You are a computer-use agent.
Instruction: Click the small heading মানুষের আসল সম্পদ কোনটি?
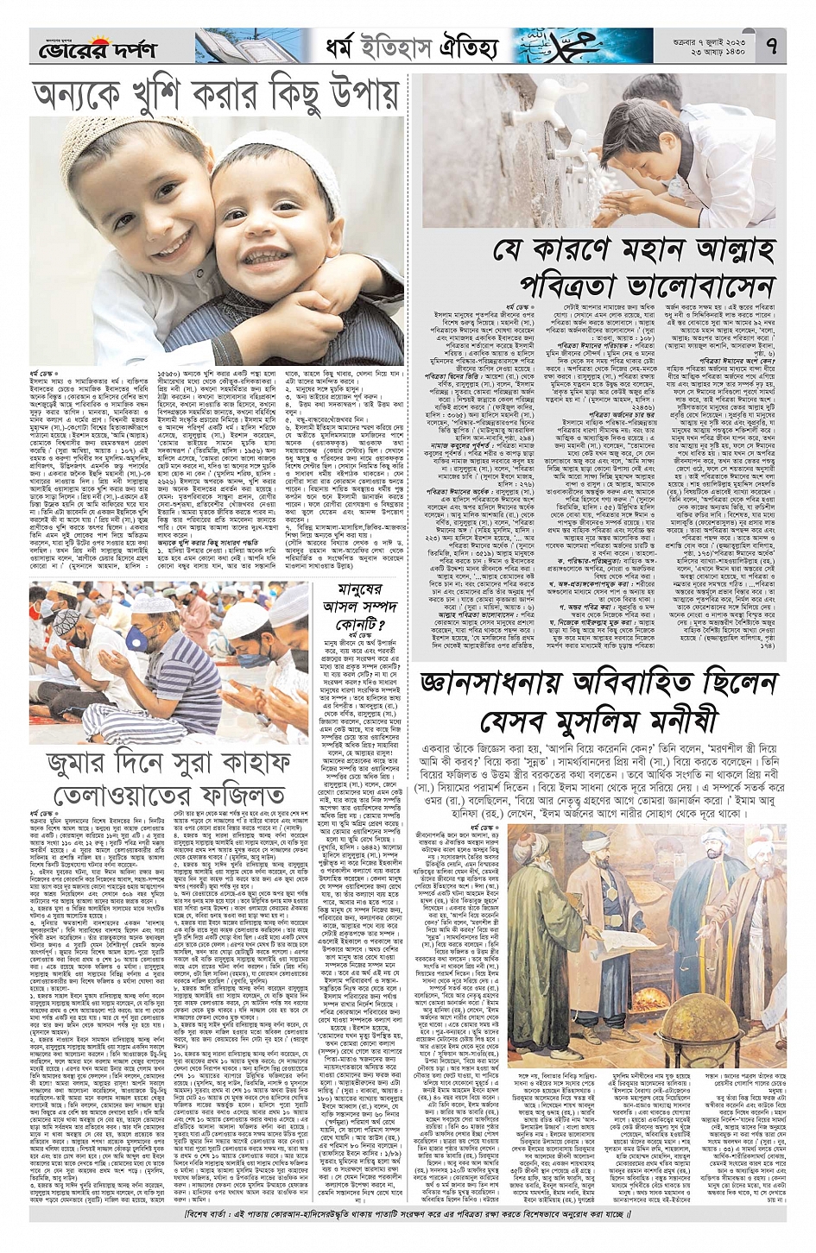(x=347, y=605)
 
